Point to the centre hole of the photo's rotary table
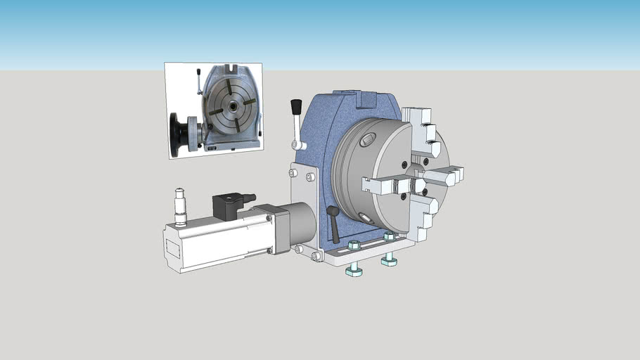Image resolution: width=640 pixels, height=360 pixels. coord(231,107)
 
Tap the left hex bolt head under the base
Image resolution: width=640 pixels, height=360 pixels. coord(354,270)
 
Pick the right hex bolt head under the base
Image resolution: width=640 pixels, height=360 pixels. coord(388,261)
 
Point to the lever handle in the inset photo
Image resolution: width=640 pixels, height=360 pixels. coord(200,81)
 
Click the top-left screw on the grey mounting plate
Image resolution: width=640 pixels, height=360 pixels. coord(293,173)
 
